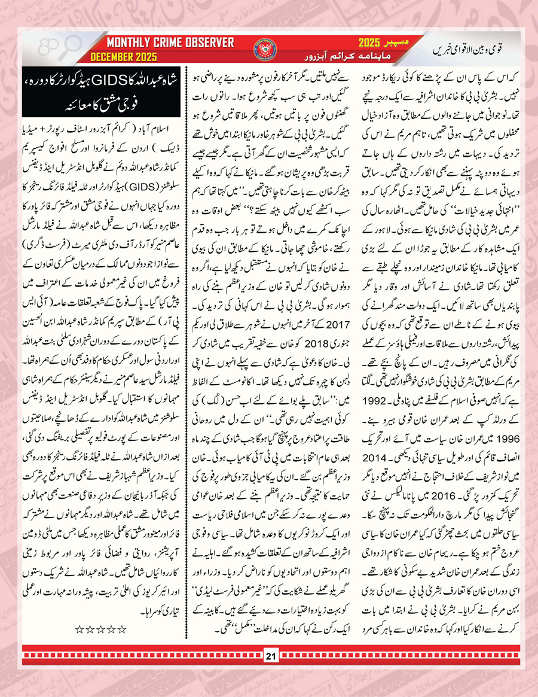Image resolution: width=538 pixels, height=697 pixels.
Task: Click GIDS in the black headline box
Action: click(112, 90)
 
